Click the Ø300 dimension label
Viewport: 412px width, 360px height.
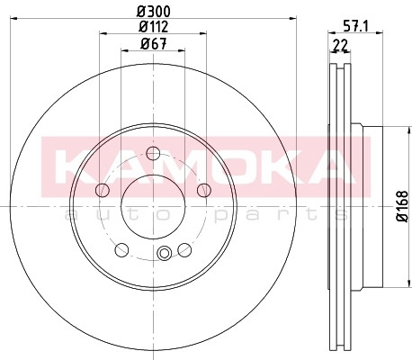pos(154,12)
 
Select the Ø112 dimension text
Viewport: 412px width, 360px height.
pos(154,27)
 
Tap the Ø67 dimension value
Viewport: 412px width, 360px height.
pos(153,44)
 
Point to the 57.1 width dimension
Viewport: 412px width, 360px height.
pos(355,27)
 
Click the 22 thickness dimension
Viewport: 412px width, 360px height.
pos(340,46)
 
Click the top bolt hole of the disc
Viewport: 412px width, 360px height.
pos(153,153)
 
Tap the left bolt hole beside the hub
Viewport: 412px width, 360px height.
pos(103,190)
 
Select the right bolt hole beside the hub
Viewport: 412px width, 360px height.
pos(204,190)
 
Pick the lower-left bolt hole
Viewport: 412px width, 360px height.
pos(121,250)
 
